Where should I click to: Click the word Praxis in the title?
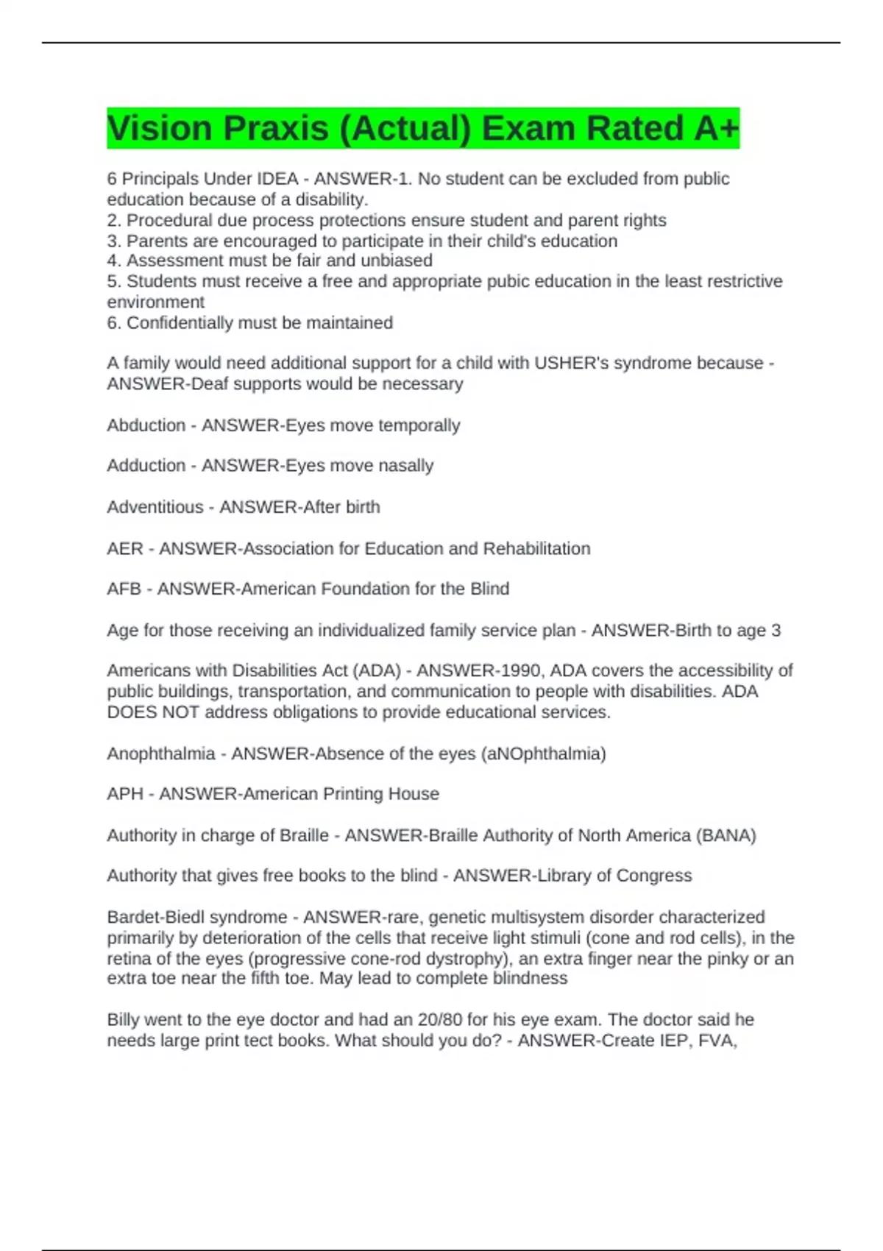(275, 129)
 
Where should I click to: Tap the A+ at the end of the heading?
(715, 129)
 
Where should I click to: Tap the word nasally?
(405, 466)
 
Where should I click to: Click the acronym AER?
(125, 548)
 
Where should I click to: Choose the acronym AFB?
(124, 589)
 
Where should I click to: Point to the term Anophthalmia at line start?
(161, 754)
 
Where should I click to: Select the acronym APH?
(125, 794)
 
